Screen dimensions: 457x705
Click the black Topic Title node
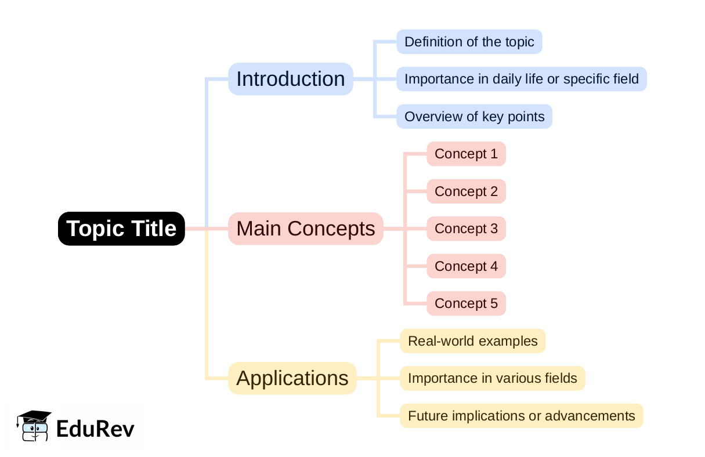[121, 228]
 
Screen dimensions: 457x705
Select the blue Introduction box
[290, 79]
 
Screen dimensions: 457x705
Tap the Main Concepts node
[305, 228]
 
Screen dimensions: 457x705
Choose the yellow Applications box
[292, 378]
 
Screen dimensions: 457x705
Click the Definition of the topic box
[469, 42]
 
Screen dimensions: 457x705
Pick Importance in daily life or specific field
[521, 79]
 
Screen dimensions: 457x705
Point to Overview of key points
[474, 117]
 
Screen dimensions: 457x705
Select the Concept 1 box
[466, 154]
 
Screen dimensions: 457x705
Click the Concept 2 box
[466, 191]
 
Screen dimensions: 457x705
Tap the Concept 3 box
[466, 228]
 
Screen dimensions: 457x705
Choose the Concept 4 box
[466, 266]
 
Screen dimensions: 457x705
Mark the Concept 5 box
[466, 303]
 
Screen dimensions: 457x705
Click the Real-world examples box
[472, 341]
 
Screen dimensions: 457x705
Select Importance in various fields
[492, 378]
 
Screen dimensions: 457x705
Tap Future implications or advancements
[521, 416]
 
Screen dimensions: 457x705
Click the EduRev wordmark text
[95, 429]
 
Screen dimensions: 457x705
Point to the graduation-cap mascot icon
[34, 426]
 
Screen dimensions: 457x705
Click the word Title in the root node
[153, 228]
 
